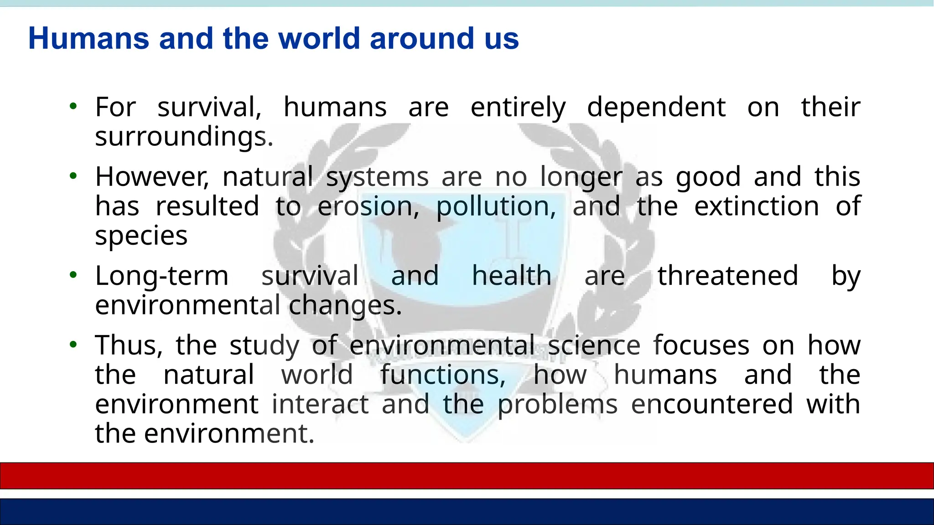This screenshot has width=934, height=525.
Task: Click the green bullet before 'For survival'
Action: pyautogui.click(x=73, y=107)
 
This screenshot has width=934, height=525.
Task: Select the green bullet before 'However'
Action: pyautogui.click(x=73, y=176)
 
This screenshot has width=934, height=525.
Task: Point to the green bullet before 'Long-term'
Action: pyautogui.click(x=73, y=275)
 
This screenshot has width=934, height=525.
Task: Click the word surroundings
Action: pyautogui.click(x=184, y=137)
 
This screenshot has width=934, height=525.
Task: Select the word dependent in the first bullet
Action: pyautogui.click(x=656, y=108)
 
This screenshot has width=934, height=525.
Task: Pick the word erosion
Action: pyautogui.click(x=368, y=206)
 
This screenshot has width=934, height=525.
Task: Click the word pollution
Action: pyautogui.click(x=496, y=206)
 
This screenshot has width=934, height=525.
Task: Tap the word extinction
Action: pyautogui.click(x=757, y=206)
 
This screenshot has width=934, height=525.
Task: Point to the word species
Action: pyautogui.click(x=141, y=236)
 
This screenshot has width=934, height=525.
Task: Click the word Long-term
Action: pyautogui.click(x=161, y=276)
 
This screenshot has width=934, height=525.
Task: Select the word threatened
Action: pyautogui.click(x=727, y=276)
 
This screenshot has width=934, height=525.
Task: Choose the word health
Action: pyautogui.click(x=511, y=276)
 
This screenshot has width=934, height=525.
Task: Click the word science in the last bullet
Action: pyautogui.click(x=594, y=345)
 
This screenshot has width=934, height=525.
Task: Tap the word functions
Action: pyautogui.click(x=442, y=375)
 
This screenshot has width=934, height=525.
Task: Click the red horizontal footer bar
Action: pyautogui.click(x=467, y=476)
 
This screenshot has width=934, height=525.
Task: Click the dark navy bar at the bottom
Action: pyautogui.click(x=467, y=511)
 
